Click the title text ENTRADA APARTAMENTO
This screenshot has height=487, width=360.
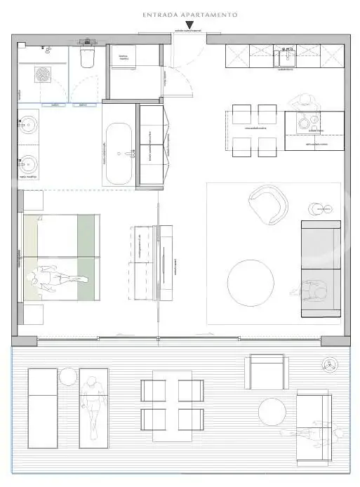(x=189, y=14)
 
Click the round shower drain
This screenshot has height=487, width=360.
(x=43, y=74)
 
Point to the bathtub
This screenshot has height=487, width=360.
(x=118, y=145)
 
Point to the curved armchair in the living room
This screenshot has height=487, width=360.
(x=269, y=204)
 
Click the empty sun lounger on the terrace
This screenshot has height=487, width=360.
(x=43, y=407)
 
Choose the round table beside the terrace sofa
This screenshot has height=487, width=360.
(x=273, y=411)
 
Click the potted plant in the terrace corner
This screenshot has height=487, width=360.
(x=330, y=363)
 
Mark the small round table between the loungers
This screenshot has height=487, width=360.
(x=67, y=378)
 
